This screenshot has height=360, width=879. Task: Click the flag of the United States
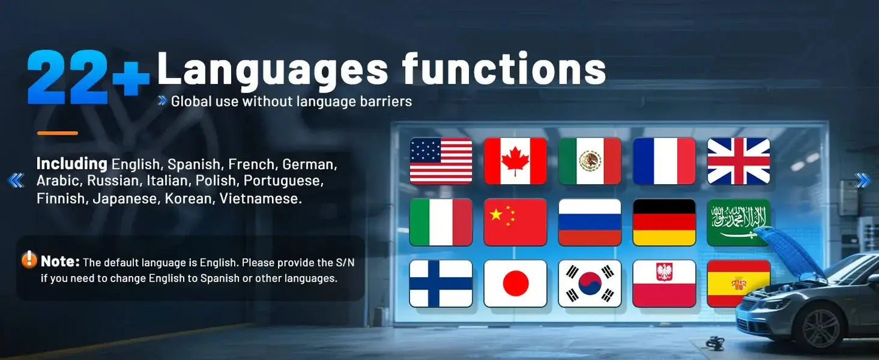(x=440, y=161)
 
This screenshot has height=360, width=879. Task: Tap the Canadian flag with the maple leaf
(x=515, y=161)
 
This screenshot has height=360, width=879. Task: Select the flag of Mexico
(x=590, y=161)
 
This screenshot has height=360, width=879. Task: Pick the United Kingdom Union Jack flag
(x=738, y=161)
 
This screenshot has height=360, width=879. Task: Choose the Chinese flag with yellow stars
(x=515, y=222)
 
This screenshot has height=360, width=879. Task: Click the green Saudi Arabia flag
(x=738, y=222)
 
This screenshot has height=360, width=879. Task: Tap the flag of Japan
(x=515, y=283)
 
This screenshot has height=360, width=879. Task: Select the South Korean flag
(x=590, y=283)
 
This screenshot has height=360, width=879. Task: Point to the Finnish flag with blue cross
(x=440, y=283)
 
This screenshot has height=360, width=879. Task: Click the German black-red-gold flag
(x=664, y=222)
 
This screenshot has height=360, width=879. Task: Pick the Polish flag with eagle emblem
(x=664, y=283)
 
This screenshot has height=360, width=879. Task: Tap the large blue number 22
(x=68, y=77)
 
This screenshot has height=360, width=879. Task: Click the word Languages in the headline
(x=273, y=68)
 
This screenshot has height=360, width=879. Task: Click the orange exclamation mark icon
(x=29, y=260)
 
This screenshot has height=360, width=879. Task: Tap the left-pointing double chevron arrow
(x=16, y=181)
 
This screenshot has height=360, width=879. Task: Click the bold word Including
(x=72, y=164)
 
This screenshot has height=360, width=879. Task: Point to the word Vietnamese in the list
(x=260, y=198)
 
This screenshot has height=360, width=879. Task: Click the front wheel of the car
(x=820, y=328)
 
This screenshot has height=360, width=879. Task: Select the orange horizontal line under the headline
(x=58, y=133)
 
